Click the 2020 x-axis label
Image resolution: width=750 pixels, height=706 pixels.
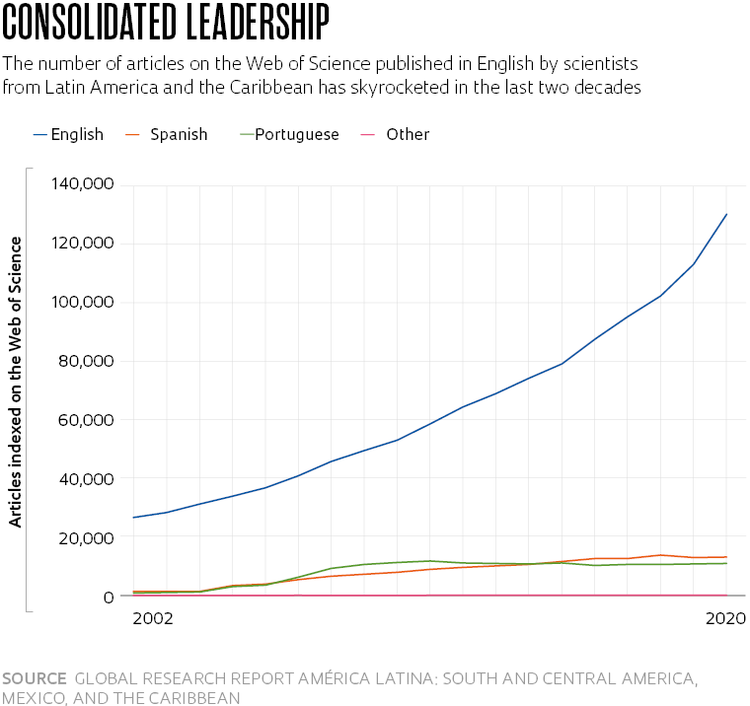725,619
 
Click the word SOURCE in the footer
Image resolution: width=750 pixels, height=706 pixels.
35,678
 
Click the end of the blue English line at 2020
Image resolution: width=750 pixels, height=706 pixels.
727,214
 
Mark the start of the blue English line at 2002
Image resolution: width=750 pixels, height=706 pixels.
133,518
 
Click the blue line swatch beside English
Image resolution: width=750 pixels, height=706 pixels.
39,134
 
